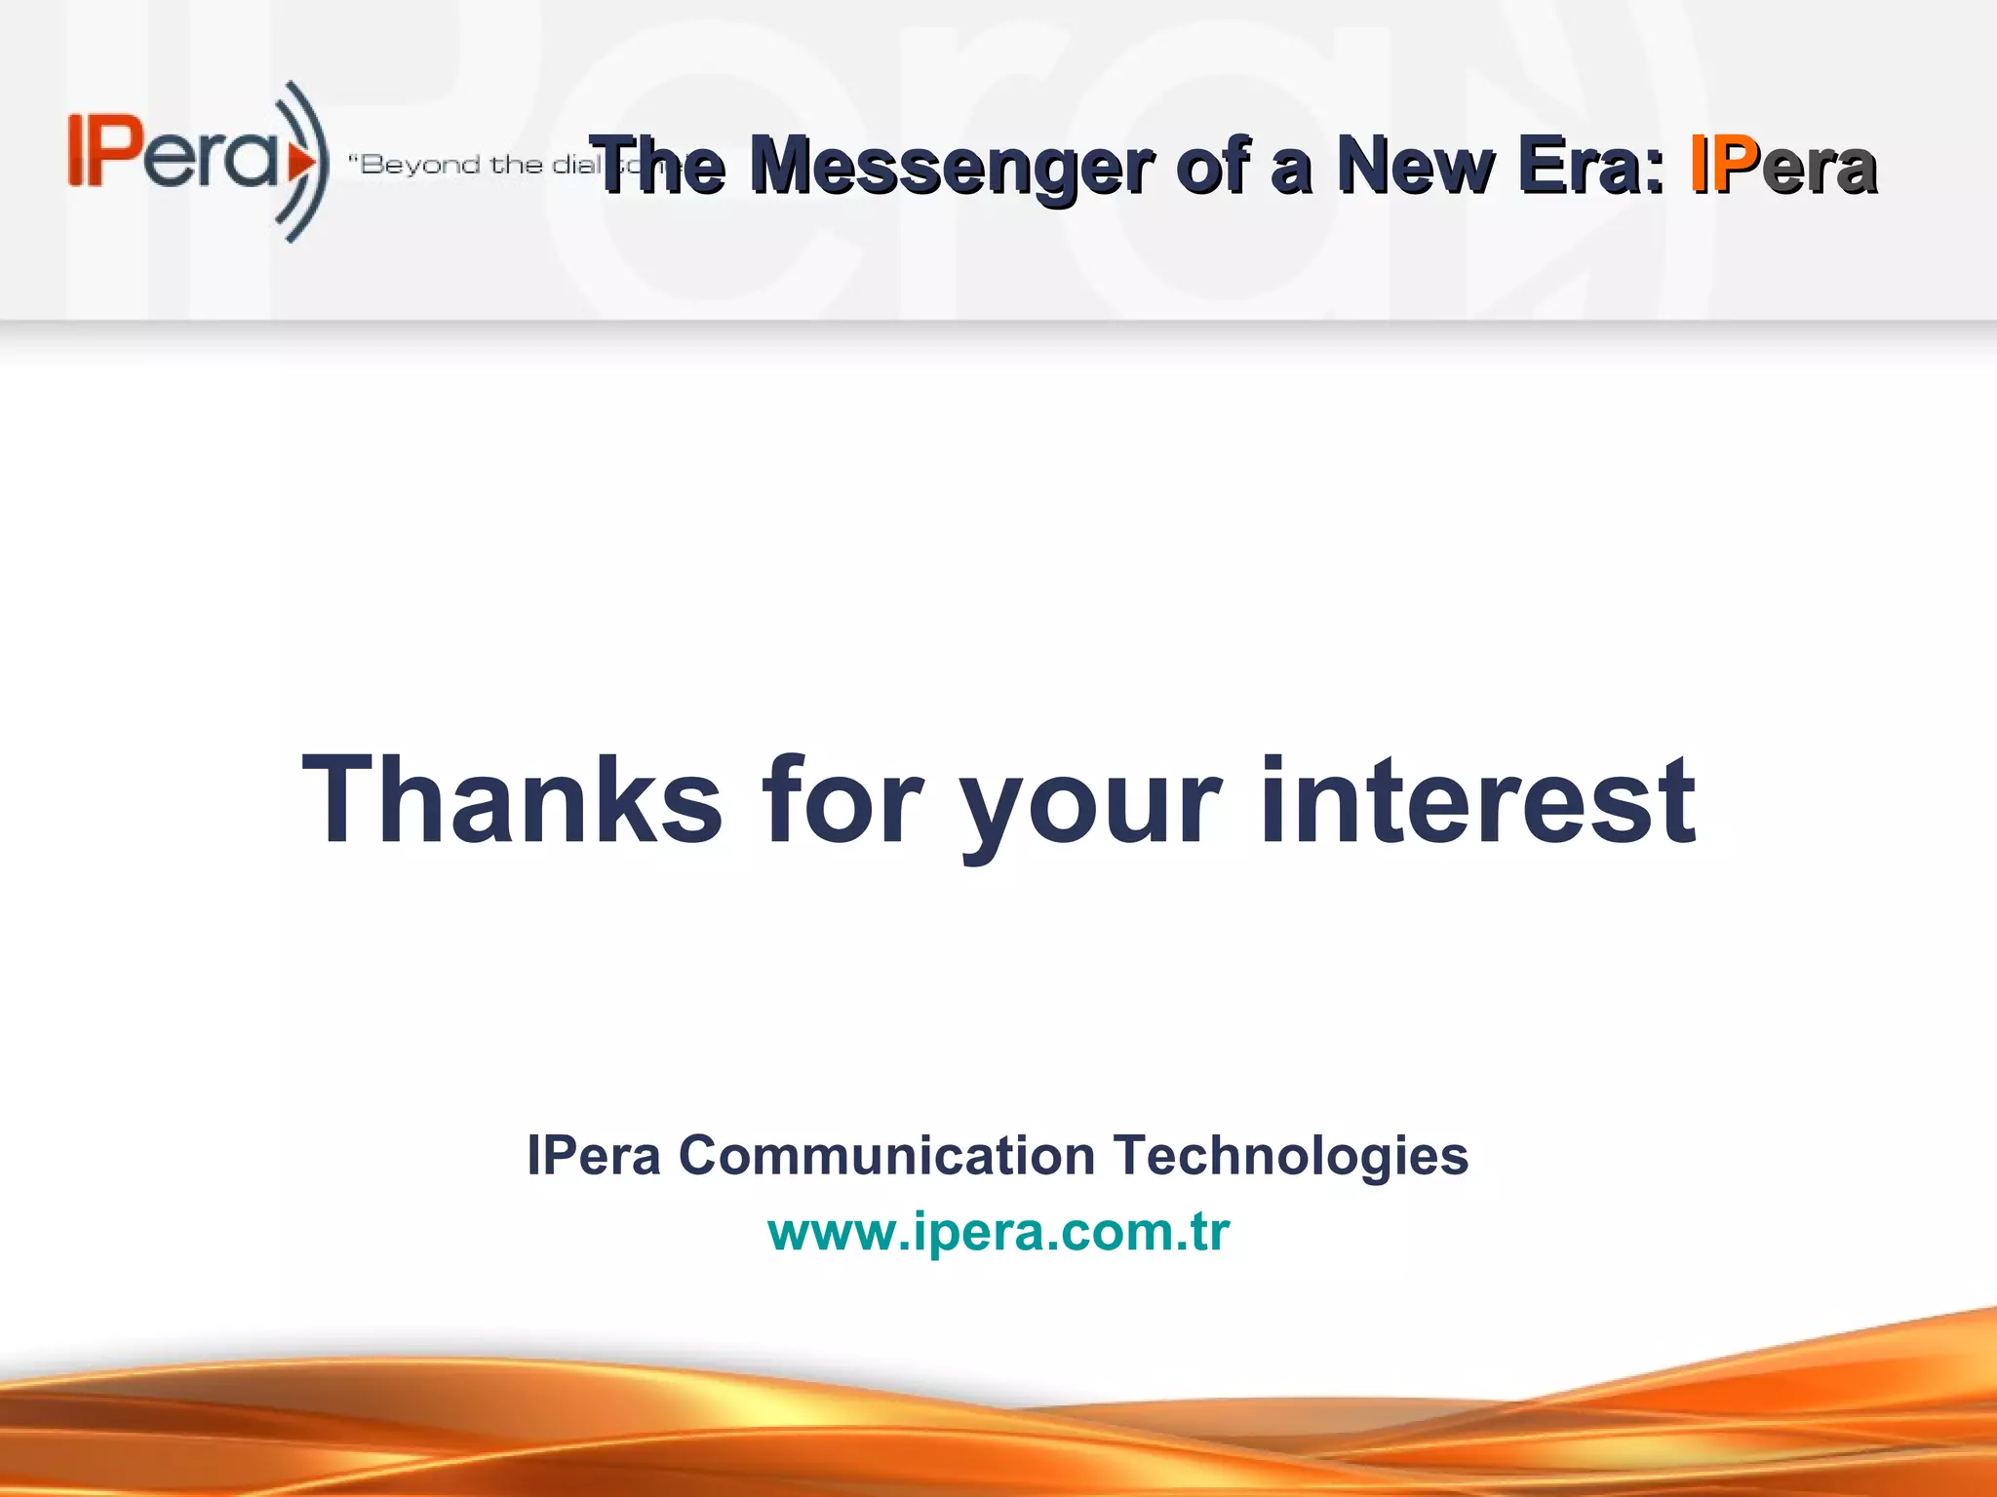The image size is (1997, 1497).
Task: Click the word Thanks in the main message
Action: coord(512,801)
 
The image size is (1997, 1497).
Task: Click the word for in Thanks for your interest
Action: coord(841,801)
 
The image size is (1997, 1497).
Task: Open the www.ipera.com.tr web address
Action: coord(998,1232)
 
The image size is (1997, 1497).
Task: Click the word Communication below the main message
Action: coord(886,1156)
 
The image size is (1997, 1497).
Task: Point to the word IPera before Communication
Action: coord(594,1156)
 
